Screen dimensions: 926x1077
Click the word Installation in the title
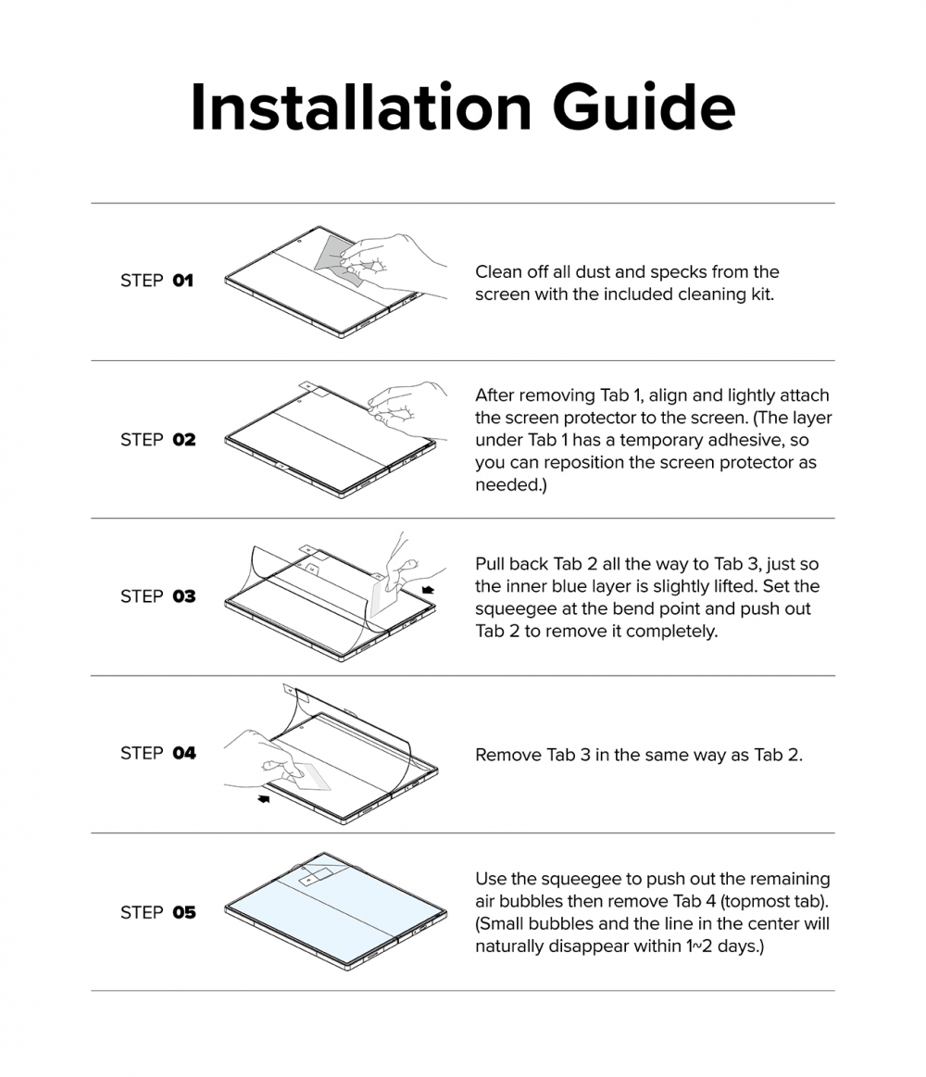[360, 107]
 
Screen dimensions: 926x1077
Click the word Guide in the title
[644, 107]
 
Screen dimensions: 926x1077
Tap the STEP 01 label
[156, 281]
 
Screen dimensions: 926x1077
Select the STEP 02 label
[158, 440]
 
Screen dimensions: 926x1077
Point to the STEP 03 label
[158, 596]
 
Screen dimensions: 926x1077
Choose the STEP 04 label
[158, 754]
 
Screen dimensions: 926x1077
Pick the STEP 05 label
[158, 912]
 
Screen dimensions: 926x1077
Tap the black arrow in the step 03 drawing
[428, 589]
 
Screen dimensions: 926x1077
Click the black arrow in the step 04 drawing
[263, 798]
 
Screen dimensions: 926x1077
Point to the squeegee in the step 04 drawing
[310, 777]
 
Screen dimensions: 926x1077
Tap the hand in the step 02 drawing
[407, 409]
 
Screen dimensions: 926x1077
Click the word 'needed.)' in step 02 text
[511, 485]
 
